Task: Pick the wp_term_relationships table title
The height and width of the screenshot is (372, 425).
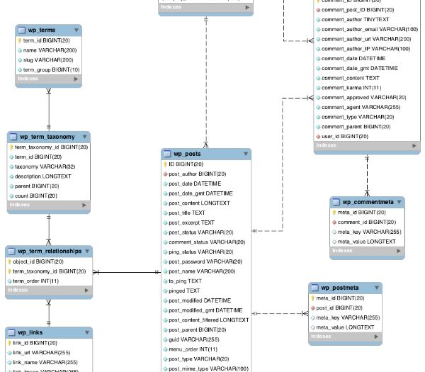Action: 54,251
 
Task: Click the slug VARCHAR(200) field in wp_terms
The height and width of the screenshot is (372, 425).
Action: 45,60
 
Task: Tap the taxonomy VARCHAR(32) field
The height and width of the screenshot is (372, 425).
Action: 45,166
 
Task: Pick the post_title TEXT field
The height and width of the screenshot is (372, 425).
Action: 187,213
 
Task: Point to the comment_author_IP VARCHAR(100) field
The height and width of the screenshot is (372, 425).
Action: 365,49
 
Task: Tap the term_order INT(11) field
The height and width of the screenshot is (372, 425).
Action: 35,281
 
